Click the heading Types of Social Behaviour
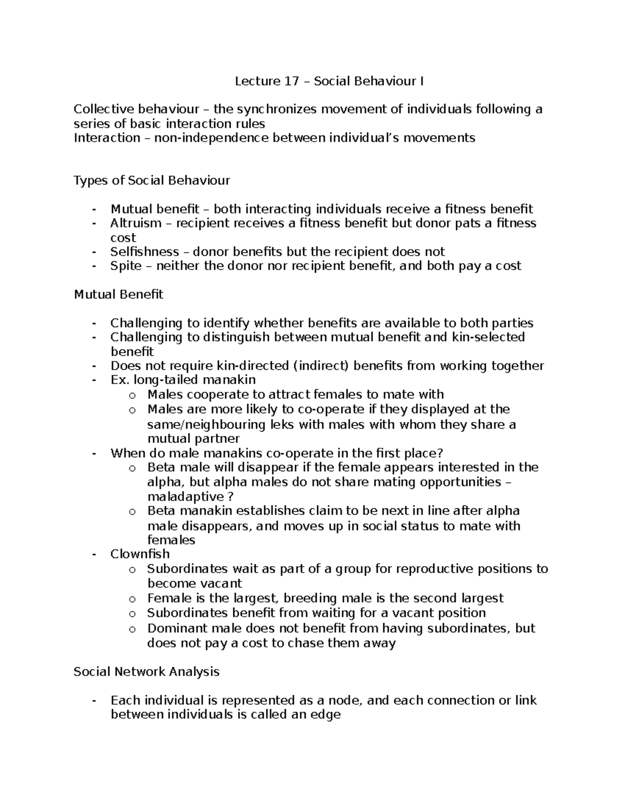152,181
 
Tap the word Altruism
136,223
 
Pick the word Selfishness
144,252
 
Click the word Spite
126,266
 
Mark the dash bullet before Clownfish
94,554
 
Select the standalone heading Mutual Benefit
118,295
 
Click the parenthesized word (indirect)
321,366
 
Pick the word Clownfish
140,554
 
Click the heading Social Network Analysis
146,672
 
